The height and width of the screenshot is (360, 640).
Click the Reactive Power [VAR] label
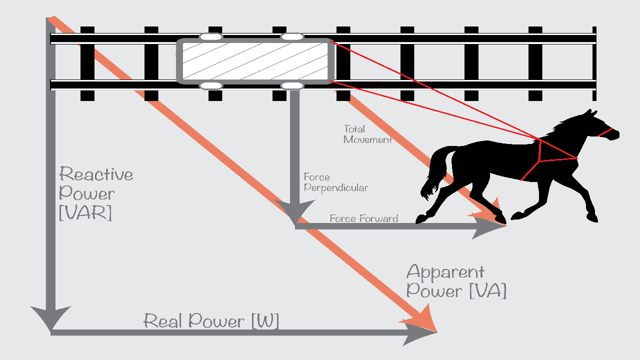click(95, 193)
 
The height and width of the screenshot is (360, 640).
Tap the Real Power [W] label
click(211, 320)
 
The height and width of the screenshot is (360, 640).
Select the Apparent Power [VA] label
click(456, 281)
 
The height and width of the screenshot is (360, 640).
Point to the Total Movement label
click(367, 134)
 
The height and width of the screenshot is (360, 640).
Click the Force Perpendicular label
click(335, 182)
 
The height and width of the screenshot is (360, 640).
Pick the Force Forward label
click(363, 218)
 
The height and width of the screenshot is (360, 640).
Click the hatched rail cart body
click(255, 61)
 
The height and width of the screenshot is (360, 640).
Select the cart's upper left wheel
click(211, 36)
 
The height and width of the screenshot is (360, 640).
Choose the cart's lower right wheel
click(292, 86)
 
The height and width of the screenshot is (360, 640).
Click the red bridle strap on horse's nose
click(605, 132)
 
